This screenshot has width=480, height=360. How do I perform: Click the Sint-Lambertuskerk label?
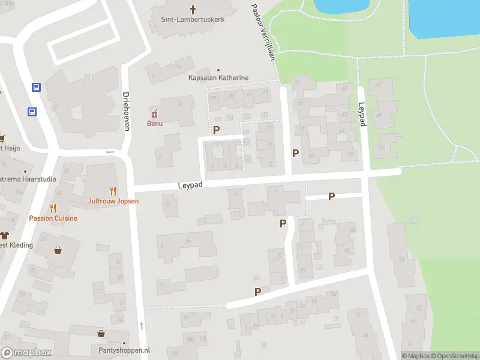(x=193, y=19)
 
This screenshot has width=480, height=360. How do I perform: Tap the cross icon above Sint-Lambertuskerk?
(x=193, y=9)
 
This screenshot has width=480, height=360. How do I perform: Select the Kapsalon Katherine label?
(x=218, y=78)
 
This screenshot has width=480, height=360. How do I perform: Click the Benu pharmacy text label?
(x=155, y=124)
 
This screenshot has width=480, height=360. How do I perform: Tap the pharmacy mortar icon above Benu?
(x=155, y=113)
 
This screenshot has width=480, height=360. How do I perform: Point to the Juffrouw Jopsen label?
(x=113, y=201)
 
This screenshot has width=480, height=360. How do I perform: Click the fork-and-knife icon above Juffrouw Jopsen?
(x=113, y=191)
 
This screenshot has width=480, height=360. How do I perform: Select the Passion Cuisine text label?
(x=53, y=218)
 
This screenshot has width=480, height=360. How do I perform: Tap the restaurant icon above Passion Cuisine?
(x=53, y=208)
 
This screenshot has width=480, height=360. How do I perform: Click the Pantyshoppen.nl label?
(x=124, y=350)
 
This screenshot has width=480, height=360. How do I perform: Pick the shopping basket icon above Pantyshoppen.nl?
(x=101, y=334)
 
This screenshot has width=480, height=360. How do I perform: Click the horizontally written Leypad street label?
(x=190, y=186)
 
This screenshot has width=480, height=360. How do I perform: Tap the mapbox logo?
(x=26, y=353)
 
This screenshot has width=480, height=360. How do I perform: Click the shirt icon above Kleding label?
(x=5, y=235)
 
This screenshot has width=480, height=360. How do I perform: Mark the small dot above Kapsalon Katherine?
(x=218, y=70)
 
